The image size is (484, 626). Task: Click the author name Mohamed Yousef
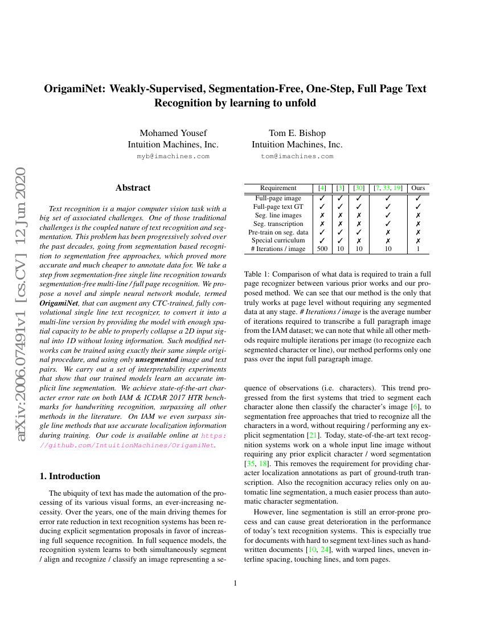point(173,133)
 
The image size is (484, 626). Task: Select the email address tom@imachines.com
point(297,156)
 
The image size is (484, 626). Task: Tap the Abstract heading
point(133,188)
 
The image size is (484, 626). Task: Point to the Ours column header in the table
point(418,188)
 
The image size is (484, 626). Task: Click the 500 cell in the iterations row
point(322,249)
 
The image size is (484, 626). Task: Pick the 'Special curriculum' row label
point(278,240)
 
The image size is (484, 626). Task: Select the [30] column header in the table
point(359,188)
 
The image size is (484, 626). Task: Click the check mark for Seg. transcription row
point(388,224)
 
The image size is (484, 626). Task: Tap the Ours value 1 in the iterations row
point(418,249)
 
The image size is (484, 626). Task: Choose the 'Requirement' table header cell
point(278,188)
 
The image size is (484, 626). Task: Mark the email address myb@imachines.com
point(173,156)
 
